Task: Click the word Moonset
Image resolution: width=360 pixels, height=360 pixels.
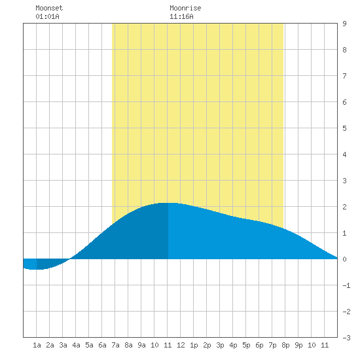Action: click(49, 8)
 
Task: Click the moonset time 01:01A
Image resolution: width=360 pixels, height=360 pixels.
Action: click(47, 16)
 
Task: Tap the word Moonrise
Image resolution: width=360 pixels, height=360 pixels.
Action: click(185, 8)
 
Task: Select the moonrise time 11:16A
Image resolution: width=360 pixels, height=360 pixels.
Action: click(181, 16)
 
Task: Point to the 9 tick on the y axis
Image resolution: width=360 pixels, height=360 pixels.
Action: click(344, 24)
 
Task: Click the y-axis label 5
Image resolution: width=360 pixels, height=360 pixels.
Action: click(344, 128)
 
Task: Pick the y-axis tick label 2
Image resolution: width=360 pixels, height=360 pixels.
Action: click(344, 207)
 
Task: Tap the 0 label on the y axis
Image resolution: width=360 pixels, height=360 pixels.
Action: click(344, 259)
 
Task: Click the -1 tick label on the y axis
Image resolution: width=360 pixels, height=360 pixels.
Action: click(346, 285)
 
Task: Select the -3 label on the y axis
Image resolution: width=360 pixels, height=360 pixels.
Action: click(346, 338)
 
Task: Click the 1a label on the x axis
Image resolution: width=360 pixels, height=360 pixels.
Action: click(37, 345)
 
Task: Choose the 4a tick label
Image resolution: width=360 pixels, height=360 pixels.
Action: click(76, 345)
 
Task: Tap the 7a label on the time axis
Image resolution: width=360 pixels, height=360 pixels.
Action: click(115, 345)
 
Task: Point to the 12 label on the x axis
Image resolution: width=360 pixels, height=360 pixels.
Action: click(181, 345)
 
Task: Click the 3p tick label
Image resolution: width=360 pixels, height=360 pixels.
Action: click(220, 345)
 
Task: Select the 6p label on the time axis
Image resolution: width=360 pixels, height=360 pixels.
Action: click(259, 345)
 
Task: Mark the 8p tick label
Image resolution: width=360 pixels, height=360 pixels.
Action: click(285, 345)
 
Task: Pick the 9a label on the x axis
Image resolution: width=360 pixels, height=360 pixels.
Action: click(141, 345)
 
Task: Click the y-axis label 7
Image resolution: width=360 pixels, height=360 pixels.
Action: click(344, 76)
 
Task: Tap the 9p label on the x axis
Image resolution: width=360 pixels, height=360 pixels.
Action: click(298, 345)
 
